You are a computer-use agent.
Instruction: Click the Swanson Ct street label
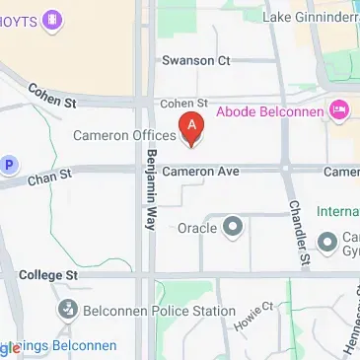pyautogui.click(x=202, y=59)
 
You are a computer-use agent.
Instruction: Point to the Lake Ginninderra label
pyautogui.click(x=312, y=16)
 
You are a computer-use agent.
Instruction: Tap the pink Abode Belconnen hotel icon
pyautogui.click(x=341, y=108)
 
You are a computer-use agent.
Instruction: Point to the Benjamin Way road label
pyautogui.click(x=151, y=191)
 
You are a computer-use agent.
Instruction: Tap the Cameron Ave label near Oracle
pyautogui.click(x=200, y=172)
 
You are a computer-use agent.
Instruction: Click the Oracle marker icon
pyautogui.click(x=233, y=228)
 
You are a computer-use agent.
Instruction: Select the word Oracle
pyautogui.click(x=196, y=228)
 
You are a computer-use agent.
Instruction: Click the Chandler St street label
pyautogui.click(x=298, y=234)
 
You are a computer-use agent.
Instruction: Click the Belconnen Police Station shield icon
pyautogui.click(x=68, y=312)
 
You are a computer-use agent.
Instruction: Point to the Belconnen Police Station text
pyautogui.click(x=159, y=312)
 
